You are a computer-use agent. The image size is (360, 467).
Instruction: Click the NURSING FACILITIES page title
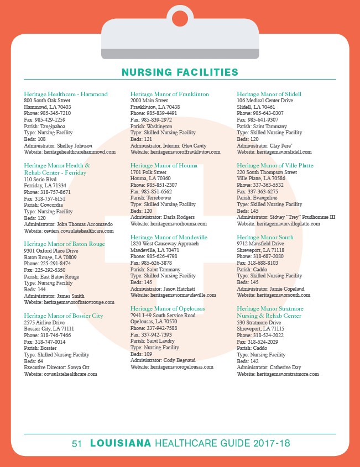coord(180,72)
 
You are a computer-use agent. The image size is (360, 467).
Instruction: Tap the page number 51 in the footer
coord(77,443)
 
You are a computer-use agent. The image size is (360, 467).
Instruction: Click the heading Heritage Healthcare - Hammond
coord(66,95)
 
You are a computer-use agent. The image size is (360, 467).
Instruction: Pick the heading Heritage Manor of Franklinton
coord(170,95)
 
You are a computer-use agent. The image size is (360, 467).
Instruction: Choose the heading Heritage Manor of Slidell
coord(269,95)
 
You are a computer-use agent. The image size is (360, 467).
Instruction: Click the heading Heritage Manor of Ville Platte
coord(275,165)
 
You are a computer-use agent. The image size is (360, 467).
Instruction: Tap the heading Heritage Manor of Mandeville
coord(169,237)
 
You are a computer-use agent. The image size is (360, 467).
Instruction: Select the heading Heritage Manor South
coord(265,237)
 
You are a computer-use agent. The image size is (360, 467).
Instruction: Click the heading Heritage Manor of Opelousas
coord(168,308)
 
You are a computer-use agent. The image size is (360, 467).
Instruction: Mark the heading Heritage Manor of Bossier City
coord(64,316)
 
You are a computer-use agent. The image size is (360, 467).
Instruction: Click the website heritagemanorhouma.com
coord(169,224)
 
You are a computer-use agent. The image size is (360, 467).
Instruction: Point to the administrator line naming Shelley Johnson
coord(58,145)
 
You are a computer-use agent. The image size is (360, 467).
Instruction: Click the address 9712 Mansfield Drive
coord(260,243)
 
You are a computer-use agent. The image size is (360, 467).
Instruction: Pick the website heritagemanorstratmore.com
coord(278,374)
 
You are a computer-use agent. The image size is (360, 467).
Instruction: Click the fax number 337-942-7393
coord(151,335)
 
